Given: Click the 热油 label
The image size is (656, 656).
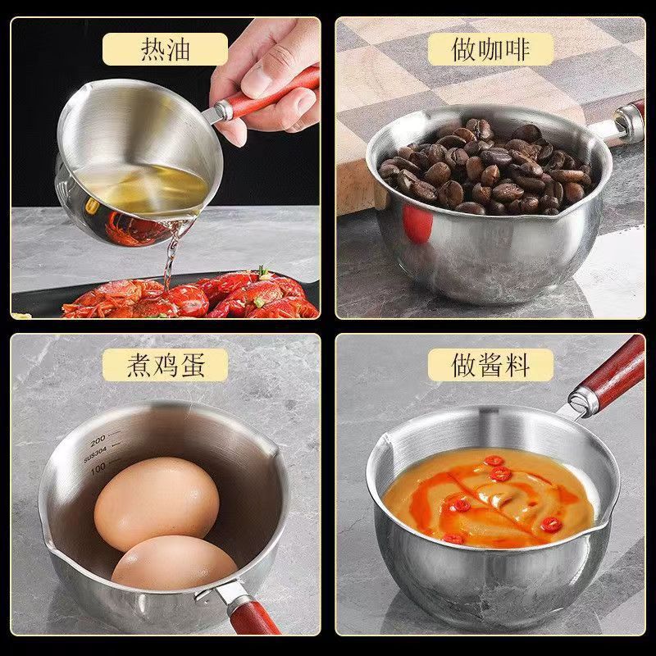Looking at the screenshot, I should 165,49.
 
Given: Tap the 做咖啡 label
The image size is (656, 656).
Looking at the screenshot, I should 491,49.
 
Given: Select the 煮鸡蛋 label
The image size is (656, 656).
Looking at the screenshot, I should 165,365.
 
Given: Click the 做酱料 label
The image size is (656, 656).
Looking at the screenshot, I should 491,365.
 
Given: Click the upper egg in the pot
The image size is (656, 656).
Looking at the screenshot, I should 157,503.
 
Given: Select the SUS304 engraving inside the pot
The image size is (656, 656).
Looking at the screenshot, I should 97,453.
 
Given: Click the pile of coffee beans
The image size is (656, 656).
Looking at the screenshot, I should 484,168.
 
